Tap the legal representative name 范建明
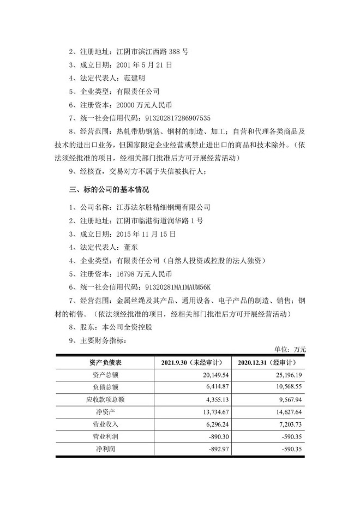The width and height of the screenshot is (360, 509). pyautogui.click(x=135, y=78)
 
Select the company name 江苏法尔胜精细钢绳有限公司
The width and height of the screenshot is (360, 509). pyautogui.click(x=164, y=207)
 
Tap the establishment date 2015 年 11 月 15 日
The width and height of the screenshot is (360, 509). pyautogui.click(x=147, y=233)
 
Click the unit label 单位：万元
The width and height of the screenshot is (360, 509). pyautogui.click(x=292, y=349)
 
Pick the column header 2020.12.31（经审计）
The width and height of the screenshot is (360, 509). pyautogui.click(x=267, y=363)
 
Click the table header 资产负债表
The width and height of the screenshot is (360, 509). pyautogui.click(x=105, y=363)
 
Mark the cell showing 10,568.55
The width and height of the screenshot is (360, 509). pyautogui.click(x=286, y=387)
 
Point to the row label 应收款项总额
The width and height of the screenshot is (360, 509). pyautogui.click(x=105, y=399)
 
